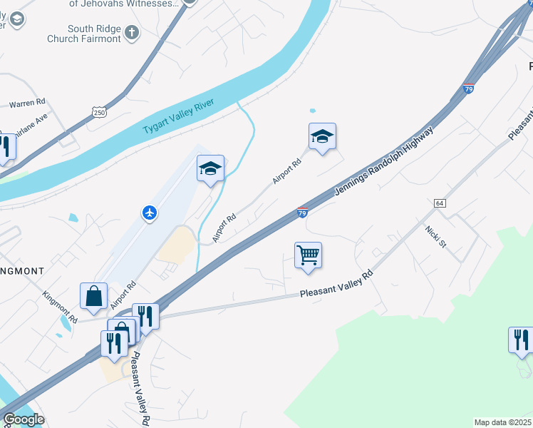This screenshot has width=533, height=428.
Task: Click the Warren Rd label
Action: (27, 103)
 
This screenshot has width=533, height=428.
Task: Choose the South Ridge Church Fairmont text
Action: (84, 34)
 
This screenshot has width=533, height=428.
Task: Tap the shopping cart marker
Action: (308, 255)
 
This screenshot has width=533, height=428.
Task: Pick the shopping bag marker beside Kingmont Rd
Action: (94, 295)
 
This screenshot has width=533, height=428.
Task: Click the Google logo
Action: (24, 419)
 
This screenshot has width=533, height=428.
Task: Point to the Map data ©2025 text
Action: (502, 422)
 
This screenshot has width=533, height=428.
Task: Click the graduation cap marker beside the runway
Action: (210, 168)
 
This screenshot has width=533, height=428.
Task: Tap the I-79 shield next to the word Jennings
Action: (302, 213)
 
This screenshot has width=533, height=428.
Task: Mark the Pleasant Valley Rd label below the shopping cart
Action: (336, 284)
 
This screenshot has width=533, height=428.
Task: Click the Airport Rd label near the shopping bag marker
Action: (123, 295)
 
